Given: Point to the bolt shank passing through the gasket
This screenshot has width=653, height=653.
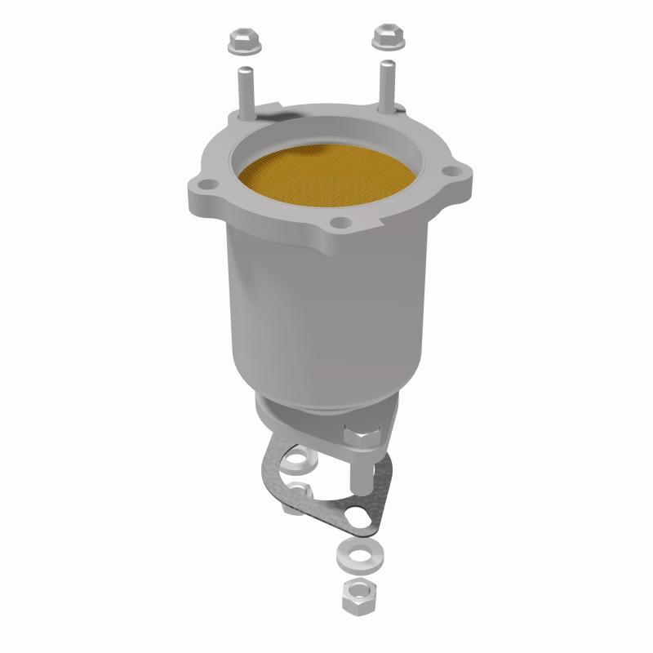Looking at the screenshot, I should [359, 473].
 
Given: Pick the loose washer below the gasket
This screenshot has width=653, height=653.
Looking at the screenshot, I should [352, 555].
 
